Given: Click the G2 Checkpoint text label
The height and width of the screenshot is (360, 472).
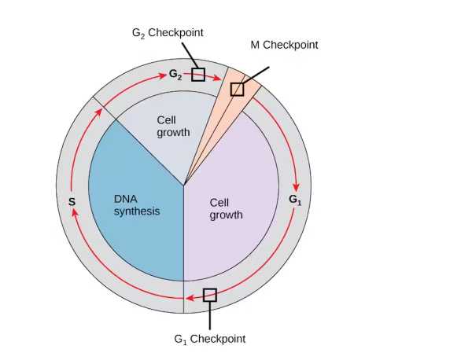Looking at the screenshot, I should point(167,33).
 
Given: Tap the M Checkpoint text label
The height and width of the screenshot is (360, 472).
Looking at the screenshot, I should point(284,45).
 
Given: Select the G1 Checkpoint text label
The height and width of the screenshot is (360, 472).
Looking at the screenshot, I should point(209,339).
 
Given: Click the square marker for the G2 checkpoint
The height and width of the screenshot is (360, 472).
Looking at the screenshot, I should point(198,75).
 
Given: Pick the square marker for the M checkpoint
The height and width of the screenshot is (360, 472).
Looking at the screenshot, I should point(237,89).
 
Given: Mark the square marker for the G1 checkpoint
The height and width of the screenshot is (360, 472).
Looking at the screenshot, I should point(209,295).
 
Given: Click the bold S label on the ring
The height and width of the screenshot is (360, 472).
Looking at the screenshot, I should point(72,202).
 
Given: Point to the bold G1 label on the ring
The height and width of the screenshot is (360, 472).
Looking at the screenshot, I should point(294,199).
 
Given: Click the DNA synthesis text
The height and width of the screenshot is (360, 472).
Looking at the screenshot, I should point(136,205).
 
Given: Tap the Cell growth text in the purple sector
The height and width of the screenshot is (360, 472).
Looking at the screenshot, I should point(226,208).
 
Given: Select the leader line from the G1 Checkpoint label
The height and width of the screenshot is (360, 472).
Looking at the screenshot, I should point(209,316).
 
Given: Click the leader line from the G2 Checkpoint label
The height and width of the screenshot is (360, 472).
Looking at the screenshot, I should point(189,55).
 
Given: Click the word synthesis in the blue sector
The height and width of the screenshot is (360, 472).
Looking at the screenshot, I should point(136,211).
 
